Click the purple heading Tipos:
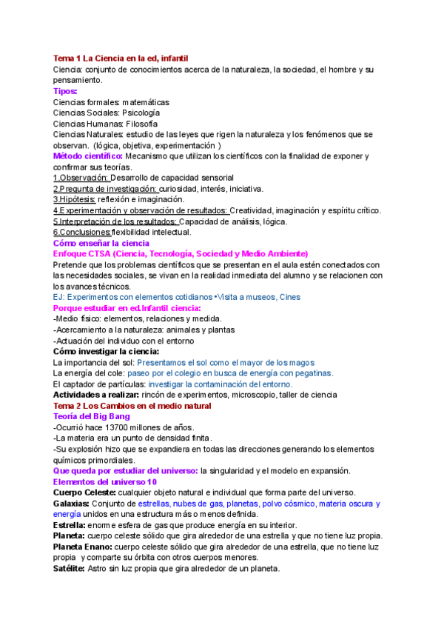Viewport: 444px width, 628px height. pos(65,91)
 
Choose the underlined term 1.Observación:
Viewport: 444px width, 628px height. pos(81,178)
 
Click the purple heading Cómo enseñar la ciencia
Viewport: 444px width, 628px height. pos(101,243)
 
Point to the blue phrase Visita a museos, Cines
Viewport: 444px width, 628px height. pos(251,297)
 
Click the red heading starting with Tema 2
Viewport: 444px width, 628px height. pos(132,406)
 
